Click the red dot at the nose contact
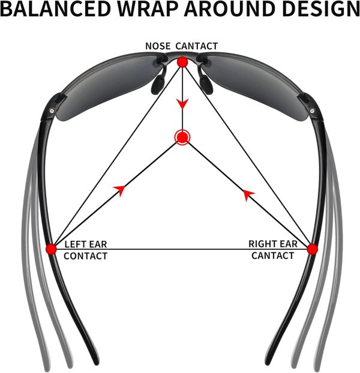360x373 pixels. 182,62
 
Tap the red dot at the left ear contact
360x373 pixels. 51,249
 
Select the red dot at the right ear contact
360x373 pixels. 312,249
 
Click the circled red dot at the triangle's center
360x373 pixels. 182,137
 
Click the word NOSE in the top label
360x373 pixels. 158,46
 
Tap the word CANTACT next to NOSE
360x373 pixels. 197,46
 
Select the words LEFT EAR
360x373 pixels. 86,244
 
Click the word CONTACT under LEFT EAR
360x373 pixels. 86,256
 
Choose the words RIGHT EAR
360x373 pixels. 273,244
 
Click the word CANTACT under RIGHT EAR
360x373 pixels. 272,256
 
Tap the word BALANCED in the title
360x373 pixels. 56,9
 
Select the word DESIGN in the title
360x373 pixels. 321,9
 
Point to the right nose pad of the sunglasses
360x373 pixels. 206,84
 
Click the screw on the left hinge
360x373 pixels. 52,111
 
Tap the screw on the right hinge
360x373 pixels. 312,111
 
